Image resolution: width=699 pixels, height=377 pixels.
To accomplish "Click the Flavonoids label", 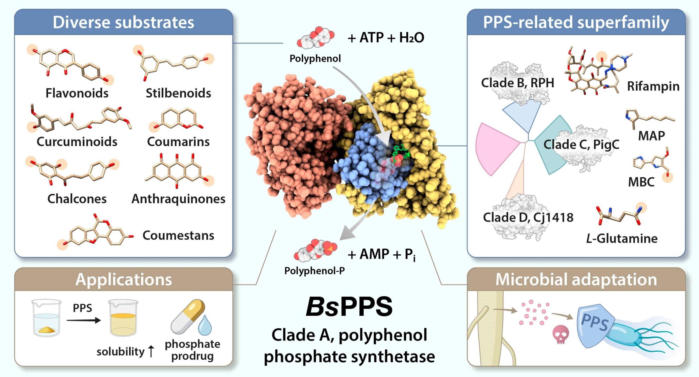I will [x=77, y=93].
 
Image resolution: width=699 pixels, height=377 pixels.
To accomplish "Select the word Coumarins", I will [x=178, y=142].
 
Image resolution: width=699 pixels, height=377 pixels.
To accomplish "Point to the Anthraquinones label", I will [x=178, y=199].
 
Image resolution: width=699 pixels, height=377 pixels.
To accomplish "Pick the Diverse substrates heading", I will [x=123, y=22].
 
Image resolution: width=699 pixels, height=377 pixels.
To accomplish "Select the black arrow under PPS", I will [x=84, y=320].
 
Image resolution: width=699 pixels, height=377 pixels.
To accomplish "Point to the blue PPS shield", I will [x=595, y=325].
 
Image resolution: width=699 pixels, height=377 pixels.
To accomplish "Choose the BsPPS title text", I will [x=349, y=307].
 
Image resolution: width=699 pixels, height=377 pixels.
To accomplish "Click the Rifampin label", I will [x=653, y=86].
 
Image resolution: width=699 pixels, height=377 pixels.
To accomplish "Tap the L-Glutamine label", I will [x=622, y=239].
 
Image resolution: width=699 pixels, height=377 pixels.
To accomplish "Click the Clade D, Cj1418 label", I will [x=528, y=218].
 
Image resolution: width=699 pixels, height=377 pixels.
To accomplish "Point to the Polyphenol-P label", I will [x=315, y=271].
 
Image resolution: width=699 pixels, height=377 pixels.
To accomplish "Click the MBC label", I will [x=641, y=182].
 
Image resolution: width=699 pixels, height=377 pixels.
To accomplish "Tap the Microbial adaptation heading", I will [x=576, y=280].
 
